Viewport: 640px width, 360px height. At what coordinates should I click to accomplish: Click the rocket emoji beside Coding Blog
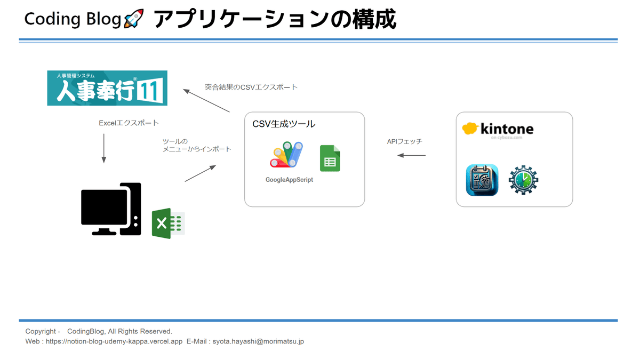tap(133, 20)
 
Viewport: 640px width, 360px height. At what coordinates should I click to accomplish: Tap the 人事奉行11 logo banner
tap(107, 88)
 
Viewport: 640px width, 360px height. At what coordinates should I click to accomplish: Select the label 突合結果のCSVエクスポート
tap(251, 87)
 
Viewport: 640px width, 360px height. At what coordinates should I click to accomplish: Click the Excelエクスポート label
tap(129, 123)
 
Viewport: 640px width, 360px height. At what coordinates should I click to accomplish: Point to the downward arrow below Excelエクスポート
tap(104, 148)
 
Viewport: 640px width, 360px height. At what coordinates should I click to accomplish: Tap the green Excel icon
tap(168, 223)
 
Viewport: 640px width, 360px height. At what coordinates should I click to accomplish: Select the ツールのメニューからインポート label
tap(197, 145)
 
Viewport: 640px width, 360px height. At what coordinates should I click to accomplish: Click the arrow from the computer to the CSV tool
tap(200, 173)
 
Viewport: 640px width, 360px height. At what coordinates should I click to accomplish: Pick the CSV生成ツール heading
tap(284, 124)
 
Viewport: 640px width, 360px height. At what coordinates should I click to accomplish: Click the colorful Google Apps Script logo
tap(287, 156)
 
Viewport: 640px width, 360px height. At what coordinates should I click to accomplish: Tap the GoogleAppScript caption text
tap(289, 180)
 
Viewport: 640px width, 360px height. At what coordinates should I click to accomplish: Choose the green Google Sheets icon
tap(330, 158)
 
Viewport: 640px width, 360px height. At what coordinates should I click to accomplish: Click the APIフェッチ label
tap(405, 142)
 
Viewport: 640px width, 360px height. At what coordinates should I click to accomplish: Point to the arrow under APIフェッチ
tap(412, 155)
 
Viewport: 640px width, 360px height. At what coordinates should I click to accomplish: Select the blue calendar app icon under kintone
tap(482, 180)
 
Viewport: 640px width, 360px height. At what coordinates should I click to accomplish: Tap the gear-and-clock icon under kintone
tap(523, 180)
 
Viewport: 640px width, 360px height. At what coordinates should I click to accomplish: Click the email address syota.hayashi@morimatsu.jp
tap(258, 341)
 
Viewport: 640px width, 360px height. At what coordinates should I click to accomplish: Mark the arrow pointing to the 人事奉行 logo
tap(206, 100)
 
